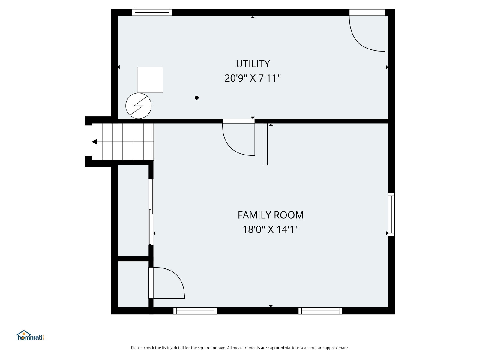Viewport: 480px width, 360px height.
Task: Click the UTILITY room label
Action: [x=253, y=64]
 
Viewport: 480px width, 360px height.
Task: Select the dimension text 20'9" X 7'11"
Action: [x=253, y=78]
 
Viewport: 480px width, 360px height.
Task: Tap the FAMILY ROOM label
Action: [x=271, y=215]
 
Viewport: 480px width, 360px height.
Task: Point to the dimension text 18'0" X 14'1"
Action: [x=271, y=229]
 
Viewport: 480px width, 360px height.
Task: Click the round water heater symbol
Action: [x=138, y=106]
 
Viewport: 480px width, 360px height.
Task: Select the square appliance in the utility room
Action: [x=150, y=80]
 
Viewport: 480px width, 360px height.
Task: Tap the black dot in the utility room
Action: [x=196, y=98]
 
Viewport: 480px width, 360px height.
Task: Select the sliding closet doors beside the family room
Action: [x=151, y=212]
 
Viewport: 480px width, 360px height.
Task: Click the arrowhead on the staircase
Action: [x=94, y=142]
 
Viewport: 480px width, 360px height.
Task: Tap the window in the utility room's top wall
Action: [x=152, y=13]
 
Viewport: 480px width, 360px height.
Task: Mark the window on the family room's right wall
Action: [x=391, y=214]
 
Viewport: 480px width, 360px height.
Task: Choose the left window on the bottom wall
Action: [x=195, y=311]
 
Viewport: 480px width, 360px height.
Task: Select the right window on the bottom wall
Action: [x=320, y=311]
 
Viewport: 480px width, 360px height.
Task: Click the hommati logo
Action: [x=30, y=335]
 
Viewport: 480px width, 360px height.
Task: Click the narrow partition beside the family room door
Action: [x=265, y=144]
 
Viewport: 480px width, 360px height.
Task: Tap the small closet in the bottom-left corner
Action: [x=133, y=284]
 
